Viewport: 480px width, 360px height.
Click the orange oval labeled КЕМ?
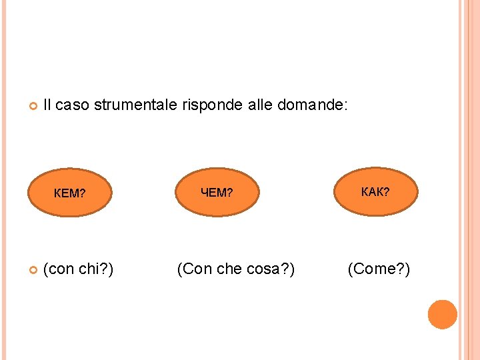coord(69,193)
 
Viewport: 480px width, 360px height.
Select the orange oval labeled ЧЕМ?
coord(217,193)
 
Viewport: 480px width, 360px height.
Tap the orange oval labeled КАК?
coord(375,192)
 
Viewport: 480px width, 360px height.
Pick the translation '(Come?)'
coord(379,269)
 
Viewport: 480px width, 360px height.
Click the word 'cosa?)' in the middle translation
coord(270,269)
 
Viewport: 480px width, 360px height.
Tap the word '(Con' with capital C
coord(191,269)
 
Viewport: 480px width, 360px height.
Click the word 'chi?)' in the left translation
coord(96,269)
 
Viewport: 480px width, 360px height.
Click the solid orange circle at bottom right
coord(443,315)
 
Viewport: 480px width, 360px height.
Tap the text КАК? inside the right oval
coord(375,192)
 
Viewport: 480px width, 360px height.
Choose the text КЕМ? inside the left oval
coord(69,194)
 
